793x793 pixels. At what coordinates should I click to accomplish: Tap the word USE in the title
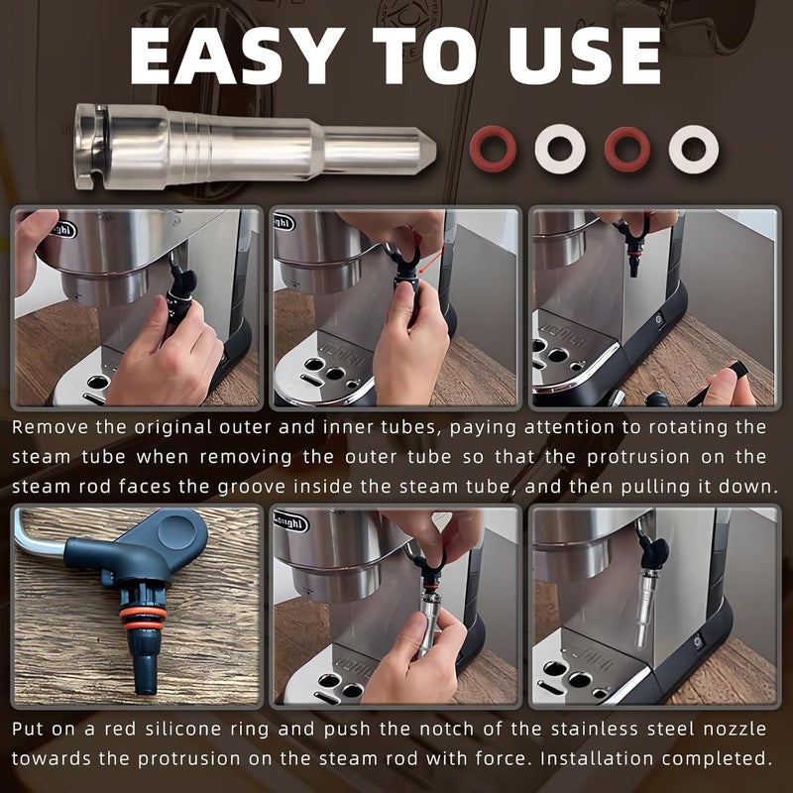[585, 56]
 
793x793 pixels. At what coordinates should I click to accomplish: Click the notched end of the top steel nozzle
[87, 147]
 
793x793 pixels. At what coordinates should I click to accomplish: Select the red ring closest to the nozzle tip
[493, 149]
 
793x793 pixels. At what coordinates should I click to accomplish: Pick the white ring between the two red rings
[560, 149]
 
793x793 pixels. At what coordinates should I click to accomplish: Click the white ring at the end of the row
[693, 149]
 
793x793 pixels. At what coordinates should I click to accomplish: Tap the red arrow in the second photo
[433, 262]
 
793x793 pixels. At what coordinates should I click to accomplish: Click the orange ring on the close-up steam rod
[143, 613]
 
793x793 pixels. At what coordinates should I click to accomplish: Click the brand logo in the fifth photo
[290, 521]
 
